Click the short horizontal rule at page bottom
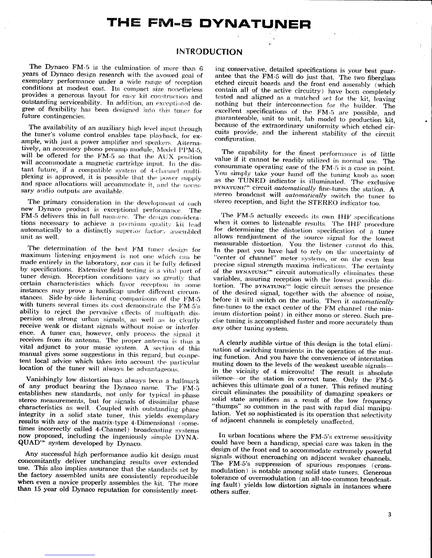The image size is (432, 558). coord(70,554)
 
